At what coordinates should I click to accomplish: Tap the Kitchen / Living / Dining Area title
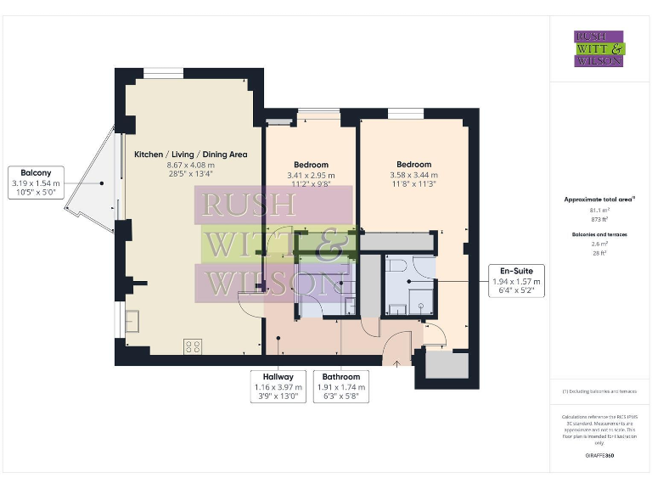point(190,155)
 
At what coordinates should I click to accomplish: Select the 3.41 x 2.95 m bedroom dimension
point(311,176)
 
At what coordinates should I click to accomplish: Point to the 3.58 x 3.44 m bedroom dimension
point(413,175)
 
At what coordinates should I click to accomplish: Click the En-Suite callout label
point(516,281)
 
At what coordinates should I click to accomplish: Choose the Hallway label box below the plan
point(278,387)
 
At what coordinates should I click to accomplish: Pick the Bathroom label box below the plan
point(340,387)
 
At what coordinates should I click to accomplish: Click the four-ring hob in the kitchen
point(193,346)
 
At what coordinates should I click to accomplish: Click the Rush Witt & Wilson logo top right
point(599,48)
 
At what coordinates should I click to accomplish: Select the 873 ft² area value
point(599,219)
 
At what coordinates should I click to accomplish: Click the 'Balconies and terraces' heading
point(599,233)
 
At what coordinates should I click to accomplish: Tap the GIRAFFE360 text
point(599,456)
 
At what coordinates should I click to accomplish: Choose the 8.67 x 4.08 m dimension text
point(190,165)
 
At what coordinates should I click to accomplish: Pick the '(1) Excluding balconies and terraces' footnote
point(599,391)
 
